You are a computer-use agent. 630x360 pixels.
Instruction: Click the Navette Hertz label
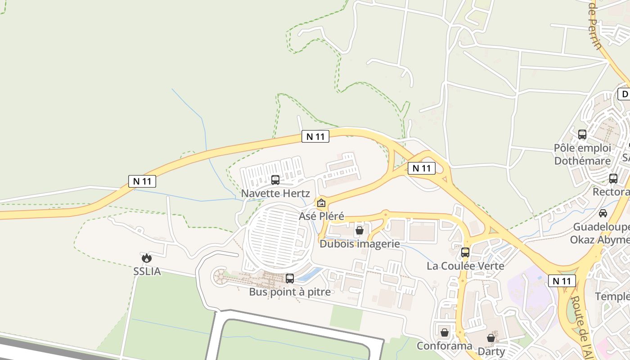[x=275, y=193]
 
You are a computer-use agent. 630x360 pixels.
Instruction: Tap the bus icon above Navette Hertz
[x=275, y=180]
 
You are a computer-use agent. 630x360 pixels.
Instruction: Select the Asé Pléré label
[x=321, y=216]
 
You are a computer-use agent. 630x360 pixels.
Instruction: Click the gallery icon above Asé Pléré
[x=321, y=203]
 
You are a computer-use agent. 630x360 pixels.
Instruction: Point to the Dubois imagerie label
[x=360, y=244]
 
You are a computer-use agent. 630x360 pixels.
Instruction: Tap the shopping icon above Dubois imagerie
[x=360, y=231]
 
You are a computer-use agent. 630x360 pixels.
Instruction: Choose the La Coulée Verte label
[x=465, y=265]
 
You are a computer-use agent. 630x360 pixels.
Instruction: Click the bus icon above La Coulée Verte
[x=465, y=252]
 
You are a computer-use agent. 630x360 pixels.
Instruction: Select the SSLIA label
[x=147, y=271]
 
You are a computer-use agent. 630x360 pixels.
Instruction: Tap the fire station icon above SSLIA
[x=147, y=258]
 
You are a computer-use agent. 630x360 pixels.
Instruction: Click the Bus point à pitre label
[x=290, y=292]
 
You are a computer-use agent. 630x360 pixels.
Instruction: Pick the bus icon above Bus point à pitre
[x=290, y=279]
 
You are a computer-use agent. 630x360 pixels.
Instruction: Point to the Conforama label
[x=444, y=346]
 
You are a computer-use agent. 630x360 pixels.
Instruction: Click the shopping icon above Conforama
[x=445, y=333]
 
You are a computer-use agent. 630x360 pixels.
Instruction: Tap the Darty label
[x=491, y=351]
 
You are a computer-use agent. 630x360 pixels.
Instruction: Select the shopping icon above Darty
[x=491, y=337]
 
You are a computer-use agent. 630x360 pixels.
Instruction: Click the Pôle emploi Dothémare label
[x=582, y=154]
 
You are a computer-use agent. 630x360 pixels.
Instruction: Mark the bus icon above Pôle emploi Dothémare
[x=582, y=134]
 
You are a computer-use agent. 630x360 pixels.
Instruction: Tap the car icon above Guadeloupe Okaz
[x=603, y=213]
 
